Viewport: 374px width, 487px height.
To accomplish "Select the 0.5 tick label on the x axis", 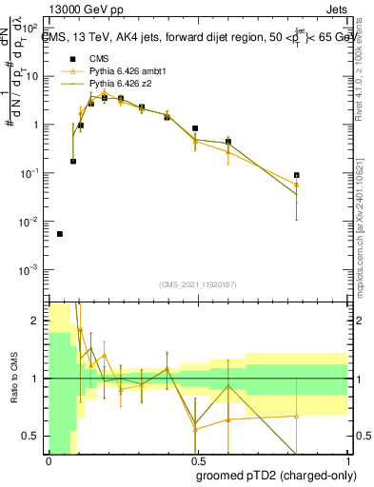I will (x=196, y=460).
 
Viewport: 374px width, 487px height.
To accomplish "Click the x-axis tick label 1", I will (x=346, y=460).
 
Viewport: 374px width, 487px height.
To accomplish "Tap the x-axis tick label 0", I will (x=48, y=460).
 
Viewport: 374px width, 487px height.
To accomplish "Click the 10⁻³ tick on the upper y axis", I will (x=31, y=270).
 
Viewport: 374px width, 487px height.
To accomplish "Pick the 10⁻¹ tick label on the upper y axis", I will (x=31, y=173).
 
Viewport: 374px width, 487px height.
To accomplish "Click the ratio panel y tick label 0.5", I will (x=34, y=436).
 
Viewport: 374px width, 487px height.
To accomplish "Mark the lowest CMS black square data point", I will (x=60, y=234).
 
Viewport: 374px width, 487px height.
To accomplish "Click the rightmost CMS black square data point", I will (x=297, y=175).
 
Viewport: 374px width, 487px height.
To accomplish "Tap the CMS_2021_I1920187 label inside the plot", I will (x=198, y=284).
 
